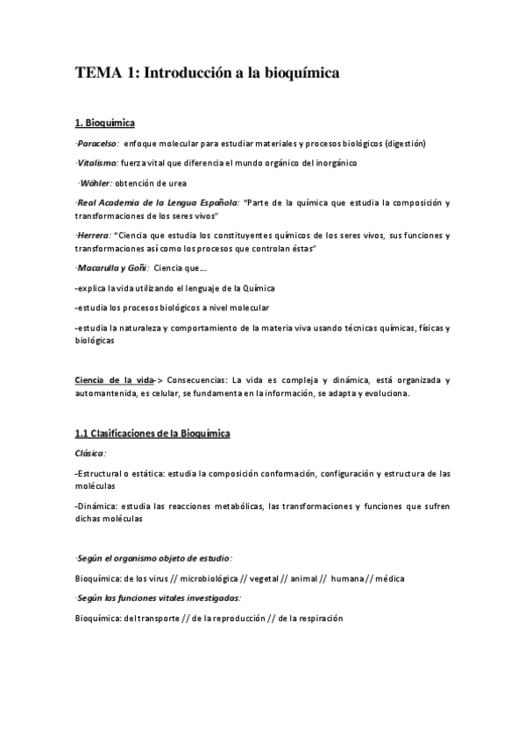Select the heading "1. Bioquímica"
[x=105, y=123]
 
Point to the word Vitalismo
[x=97, y=163]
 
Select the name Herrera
[x=93, y=237]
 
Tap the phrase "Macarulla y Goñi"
[x=112, y=268]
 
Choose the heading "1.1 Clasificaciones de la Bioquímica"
[x=153, y=434]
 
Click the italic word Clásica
[x=90, y=453]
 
